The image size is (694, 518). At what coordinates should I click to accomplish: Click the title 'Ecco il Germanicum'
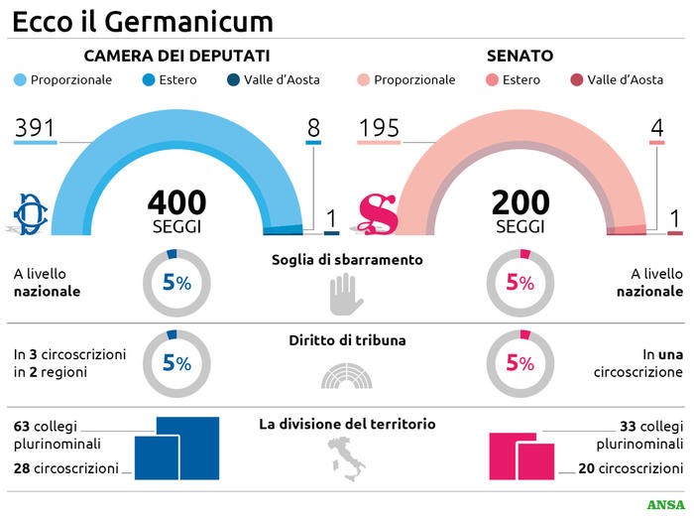143,20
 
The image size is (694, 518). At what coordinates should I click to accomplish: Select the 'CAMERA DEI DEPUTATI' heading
176,56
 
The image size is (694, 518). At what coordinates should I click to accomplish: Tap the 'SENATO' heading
520,56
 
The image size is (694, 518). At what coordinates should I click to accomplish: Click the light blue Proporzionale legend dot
20,80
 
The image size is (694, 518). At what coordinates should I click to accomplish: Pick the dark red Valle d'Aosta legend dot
576,80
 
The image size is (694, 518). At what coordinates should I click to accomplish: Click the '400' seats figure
176,202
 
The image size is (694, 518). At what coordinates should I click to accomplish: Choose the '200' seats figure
520,202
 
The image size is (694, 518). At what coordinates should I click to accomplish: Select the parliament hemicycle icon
342,375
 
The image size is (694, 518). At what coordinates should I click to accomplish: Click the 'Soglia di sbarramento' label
347,260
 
